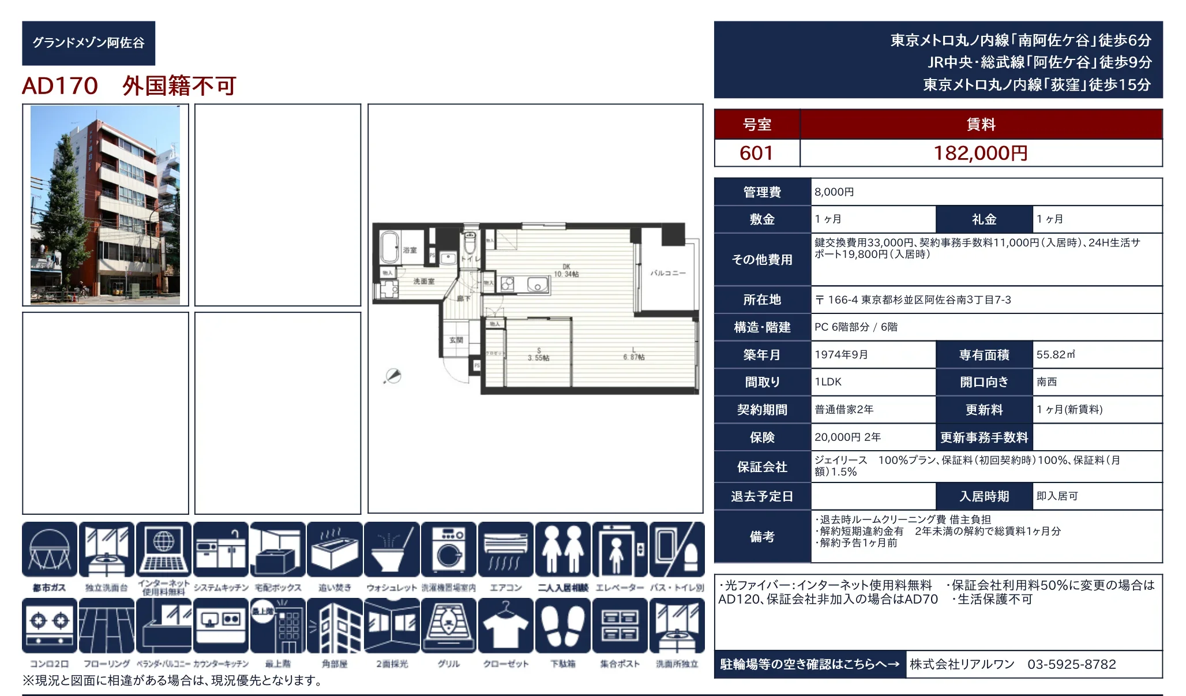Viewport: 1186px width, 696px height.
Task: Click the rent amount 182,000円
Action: point(980,153)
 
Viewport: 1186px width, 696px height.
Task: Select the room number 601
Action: point(756,153)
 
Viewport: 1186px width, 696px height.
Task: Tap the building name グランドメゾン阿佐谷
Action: point(88,43)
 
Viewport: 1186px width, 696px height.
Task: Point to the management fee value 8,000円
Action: point(834,192)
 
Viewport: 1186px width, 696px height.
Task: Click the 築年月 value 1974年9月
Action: point(841,354)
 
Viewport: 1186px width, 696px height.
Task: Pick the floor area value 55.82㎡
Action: point(1056,354)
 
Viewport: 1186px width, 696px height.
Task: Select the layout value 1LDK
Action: point(828,382)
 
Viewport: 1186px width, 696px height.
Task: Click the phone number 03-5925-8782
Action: point(1071,664)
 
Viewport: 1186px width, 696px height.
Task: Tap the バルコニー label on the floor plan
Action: point(668,273)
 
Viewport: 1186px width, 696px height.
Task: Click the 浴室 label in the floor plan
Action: point(410,250)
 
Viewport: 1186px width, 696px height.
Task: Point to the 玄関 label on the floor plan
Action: point(456,340)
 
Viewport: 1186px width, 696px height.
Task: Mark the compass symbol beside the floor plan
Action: point(393,376)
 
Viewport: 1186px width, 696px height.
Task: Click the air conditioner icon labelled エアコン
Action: point(505,549)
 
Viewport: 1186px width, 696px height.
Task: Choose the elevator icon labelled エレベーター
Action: point(620,549)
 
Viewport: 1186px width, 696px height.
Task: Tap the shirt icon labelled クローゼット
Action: point(505,626)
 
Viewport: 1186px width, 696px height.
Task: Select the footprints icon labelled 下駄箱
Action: point(562,626)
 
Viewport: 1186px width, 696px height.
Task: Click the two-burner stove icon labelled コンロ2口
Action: point(50,626)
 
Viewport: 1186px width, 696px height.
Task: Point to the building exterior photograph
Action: point(105,205)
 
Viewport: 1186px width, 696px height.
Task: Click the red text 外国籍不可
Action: point(179,86)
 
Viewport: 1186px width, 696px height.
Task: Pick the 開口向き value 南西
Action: point(1046,382)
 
